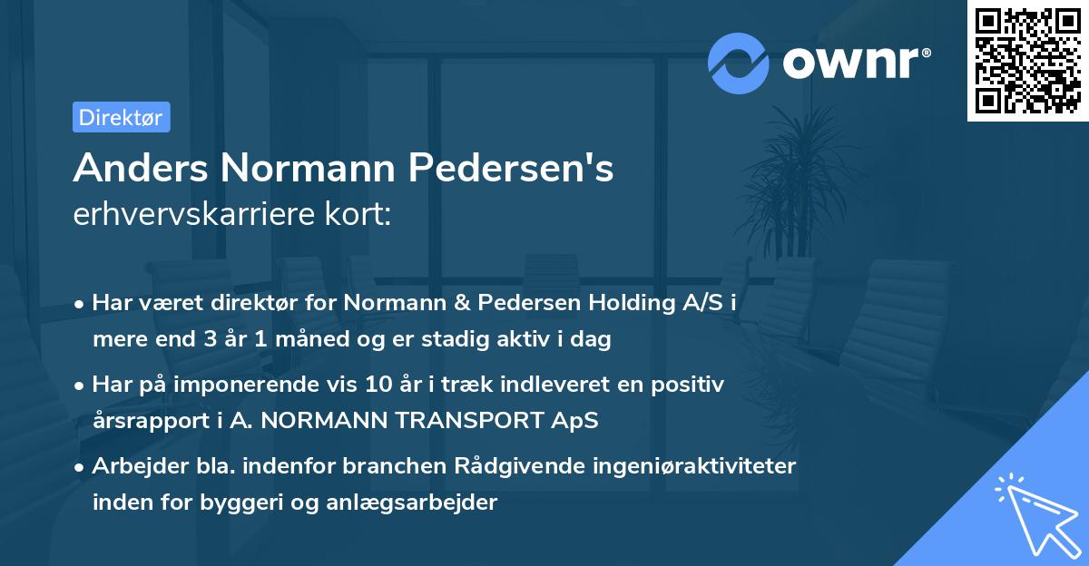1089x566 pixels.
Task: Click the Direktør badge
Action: [x=121, y=117]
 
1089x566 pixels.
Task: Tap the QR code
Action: [x=1026, y=61]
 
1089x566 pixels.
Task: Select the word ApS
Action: [x=578, y=420]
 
